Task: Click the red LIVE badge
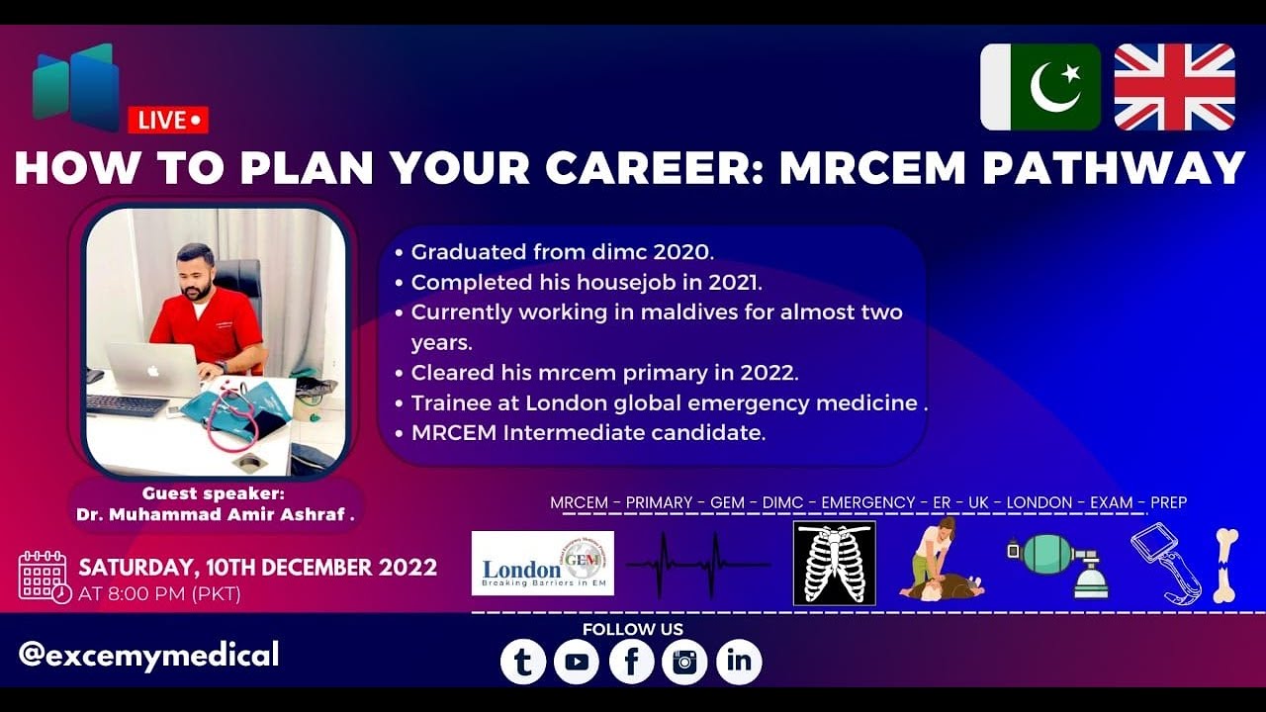pyautogui.click(x=168, y=120)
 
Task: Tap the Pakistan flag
pyautogui.click(x=1040, y=87)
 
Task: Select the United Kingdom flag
pyautogui.click(x=1174, y=87)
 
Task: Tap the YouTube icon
pyautogui.click(x=577, y=662)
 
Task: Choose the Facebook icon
pyautogui.click(x=631, y=662)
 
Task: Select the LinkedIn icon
pyautogui.click(x=739, y=662)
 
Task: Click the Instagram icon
pyautogui.click(x=684, y=662)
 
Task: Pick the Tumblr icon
pyautogui.click(x=523, y=662)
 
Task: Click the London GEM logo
pyautogui.click(x=542, y=564)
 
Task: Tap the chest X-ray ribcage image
pyautogui.click(x=834, y=564)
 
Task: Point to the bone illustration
pyautogui.click(x=1225, y=565)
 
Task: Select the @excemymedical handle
pyautogui.click(x=148, y=654)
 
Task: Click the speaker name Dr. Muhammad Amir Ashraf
pyautogui.click(x=215, y=514)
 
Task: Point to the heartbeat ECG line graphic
pyautogui.click(x=698, y=565)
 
